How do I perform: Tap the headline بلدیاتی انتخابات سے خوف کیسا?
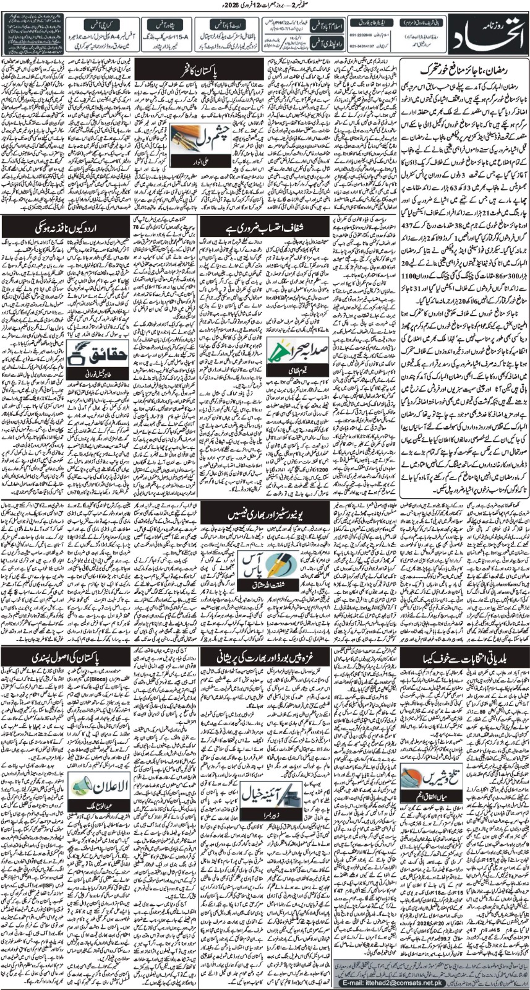click(x=464, y=656)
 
